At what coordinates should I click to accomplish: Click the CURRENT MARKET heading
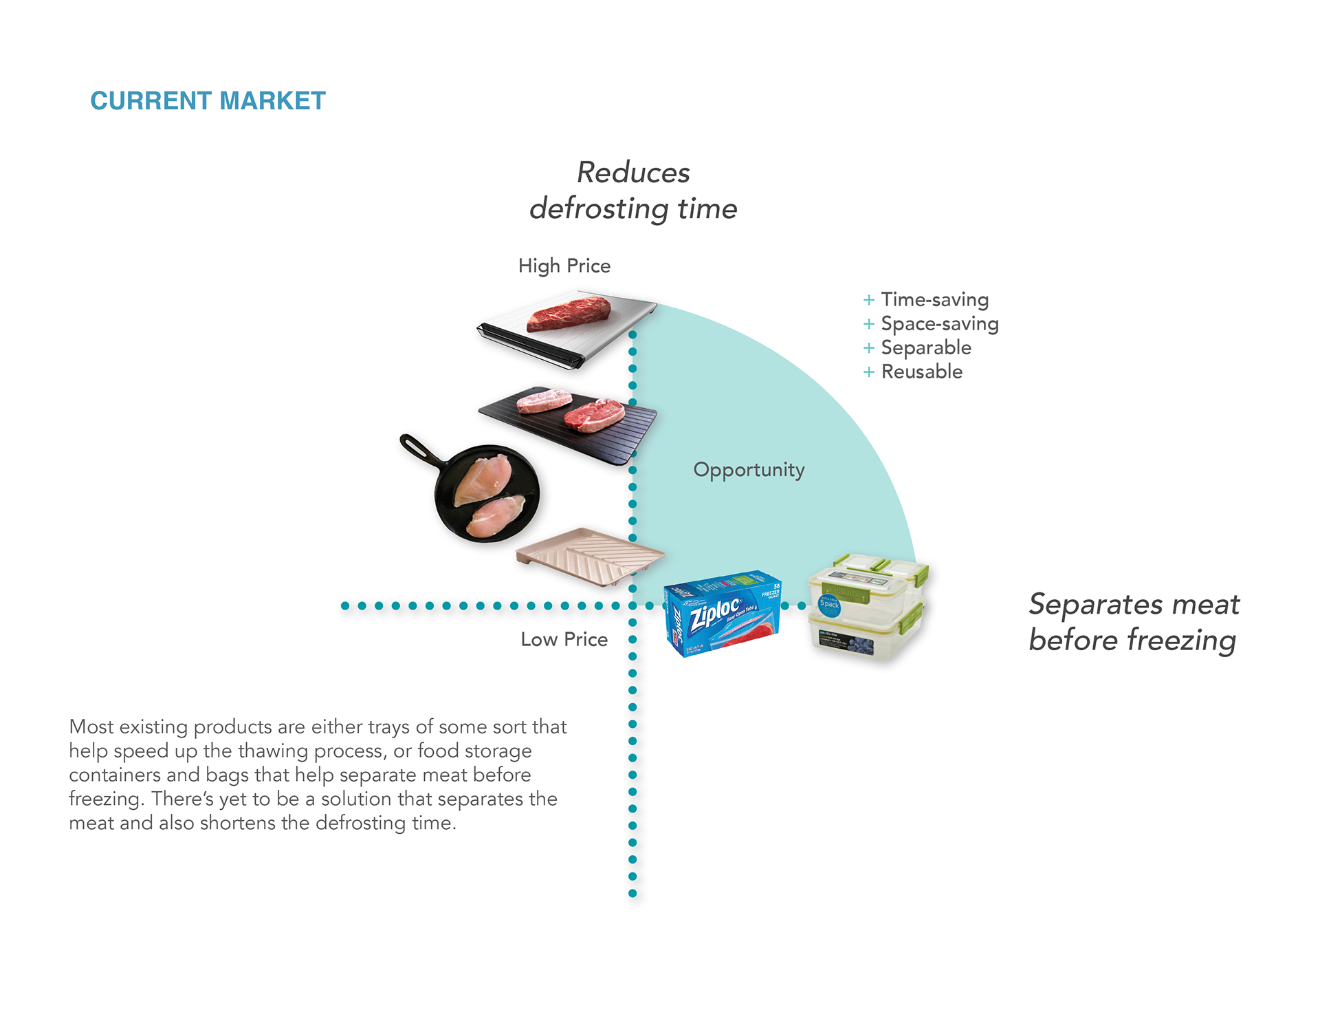tap(208, 101)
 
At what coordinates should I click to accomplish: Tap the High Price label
tap(564, 266)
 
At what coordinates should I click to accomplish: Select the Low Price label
tap(564, 639)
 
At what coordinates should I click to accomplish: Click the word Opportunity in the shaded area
tap(749, 470)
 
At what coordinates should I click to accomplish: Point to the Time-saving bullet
tap(934, 299)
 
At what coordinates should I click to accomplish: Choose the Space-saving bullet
tap(939, 323)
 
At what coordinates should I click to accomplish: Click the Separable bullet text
tap(926, 347)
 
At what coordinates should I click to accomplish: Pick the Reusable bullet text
tap(921, 372)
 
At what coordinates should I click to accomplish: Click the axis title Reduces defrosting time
tap(633, 191)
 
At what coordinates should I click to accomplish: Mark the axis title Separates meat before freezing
tap(1133, 622)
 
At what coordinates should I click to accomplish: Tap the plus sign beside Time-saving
tap(869, 300)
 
